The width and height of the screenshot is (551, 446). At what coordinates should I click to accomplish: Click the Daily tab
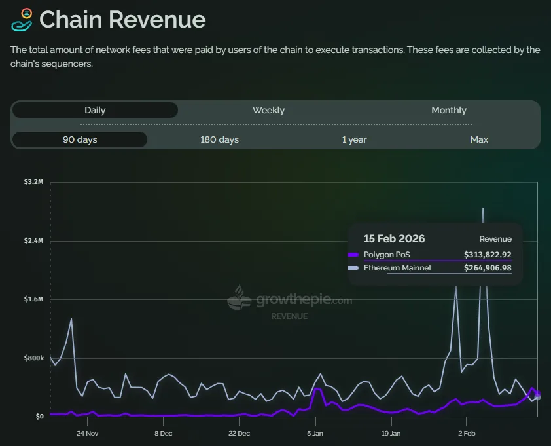coord(95,110)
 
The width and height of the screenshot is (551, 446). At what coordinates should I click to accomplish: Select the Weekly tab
coord(268,110)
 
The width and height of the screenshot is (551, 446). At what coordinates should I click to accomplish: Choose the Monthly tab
coord(448,110)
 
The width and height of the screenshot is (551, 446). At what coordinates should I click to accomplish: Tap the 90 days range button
coord(79,139)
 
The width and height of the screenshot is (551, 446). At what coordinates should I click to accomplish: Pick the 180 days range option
coord(219,139)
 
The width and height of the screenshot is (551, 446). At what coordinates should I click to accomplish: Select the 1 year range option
coord(354,139)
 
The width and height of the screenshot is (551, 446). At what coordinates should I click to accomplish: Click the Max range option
coord(479,139)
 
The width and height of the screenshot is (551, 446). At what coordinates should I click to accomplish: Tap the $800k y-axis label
coord(33,358)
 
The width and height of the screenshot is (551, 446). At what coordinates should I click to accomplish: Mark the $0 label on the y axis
coord(39,417)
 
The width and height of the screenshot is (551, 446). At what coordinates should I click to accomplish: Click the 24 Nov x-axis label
coord(87,433)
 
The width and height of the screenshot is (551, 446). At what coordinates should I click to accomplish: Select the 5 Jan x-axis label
coord(315,433)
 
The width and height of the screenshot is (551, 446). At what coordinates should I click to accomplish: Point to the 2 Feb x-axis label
coord(467,433)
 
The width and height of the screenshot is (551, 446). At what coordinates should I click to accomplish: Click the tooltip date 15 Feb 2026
coord(394,239)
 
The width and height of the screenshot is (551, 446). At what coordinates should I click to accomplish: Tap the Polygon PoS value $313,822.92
coord(488,255)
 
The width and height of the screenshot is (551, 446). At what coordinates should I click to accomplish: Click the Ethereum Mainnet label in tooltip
coord(397,268)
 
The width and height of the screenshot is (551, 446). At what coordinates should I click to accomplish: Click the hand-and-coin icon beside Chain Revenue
coord(22,20)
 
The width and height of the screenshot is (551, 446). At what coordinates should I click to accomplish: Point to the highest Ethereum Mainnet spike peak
coord(483,208)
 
